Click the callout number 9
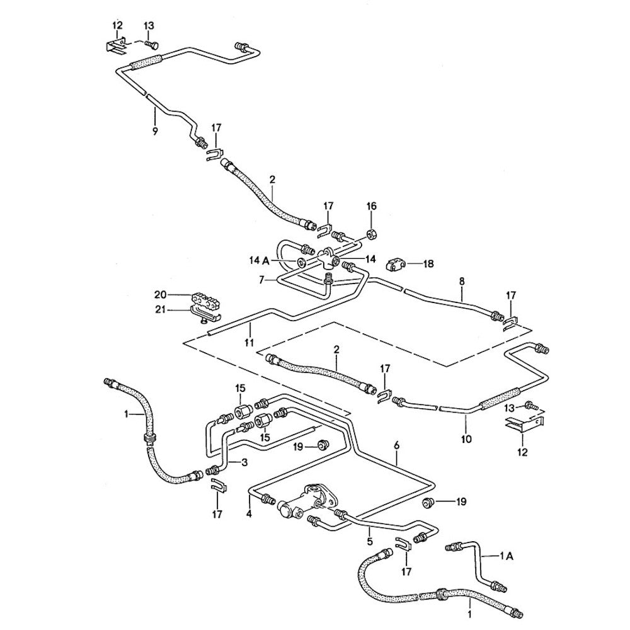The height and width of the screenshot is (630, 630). [x=154, y=131]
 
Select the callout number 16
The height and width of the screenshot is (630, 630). [x=371, y=206]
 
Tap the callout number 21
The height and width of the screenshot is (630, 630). [x=161, y=309]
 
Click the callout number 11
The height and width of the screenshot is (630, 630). [x=249, y=343]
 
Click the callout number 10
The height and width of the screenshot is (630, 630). [x=466, y=440]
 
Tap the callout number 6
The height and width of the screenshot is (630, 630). [x=396, y=445]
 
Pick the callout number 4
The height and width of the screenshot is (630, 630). [x=249, y=514]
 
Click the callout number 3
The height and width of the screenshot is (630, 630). [x=245, y=463]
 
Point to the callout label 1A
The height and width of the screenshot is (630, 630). [x=507, y=556]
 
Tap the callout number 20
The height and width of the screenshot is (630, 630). [x=161, y=294]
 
